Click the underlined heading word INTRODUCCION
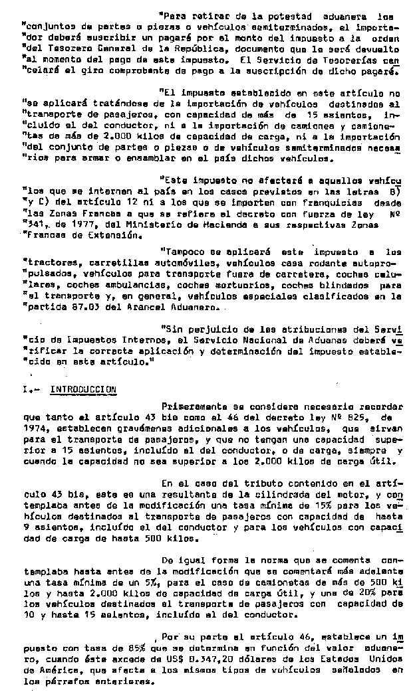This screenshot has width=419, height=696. [x=84, y=389]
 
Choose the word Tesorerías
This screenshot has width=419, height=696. [x=360, y=59]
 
